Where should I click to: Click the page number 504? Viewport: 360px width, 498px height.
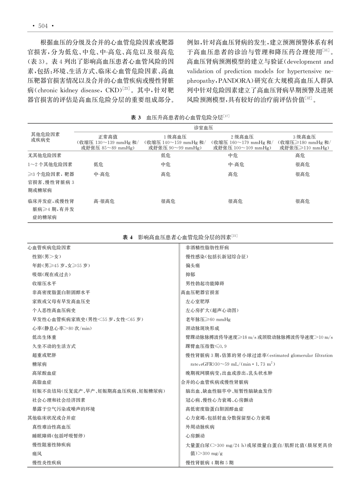pyautogui.click(x=43, y=26)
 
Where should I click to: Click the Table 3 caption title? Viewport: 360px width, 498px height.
pyautogui.click(x=180, y=118)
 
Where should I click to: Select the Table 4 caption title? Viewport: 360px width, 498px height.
pyautogui.click(x=180, y=237)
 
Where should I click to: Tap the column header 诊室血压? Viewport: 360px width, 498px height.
pyautogui.click(x=203, y=128)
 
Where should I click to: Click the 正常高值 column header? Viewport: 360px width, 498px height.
pyautogui.click(x=108, y=137)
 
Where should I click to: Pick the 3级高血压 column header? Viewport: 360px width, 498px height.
pyautogui.click(x=304, y=137)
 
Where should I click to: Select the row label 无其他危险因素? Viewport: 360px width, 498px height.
pyautogui.click(x=45, y=155)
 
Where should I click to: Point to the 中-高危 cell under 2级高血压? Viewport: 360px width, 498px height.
pyautogui.click(x=236, y=164)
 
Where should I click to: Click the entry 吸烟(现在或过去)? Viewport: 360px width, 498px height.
pyautogui.click(x=51, y=275)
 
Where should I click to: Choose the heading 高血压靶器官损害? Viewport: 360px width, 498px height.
pyautogui.click(x=200, y=292)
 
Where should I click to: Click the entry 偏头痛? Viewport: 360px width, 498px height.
pyautogui.click(x=193, y=266)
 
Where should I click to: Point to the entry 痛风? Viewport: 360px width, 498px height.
pyautogui.click(x=37, y=454)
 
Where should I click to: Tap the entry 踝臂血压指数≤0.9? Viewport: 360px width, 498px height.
pyautogui.click(x=206, y=346)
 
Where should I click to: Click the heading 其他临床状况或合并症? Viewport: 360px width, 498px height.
pyautogui.click(x=51, y=418)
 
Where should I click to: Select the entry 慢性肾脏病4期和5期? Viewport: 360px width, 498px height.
pyautogui.click(x=210, y=463)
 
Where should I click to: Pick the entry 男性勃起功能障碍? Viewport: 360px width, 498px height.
pyautogui.click(x=205, y=284)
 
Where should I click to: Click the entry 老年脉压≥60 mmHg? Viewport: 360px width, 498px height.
pyautogui.click(x=208, y=319)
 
